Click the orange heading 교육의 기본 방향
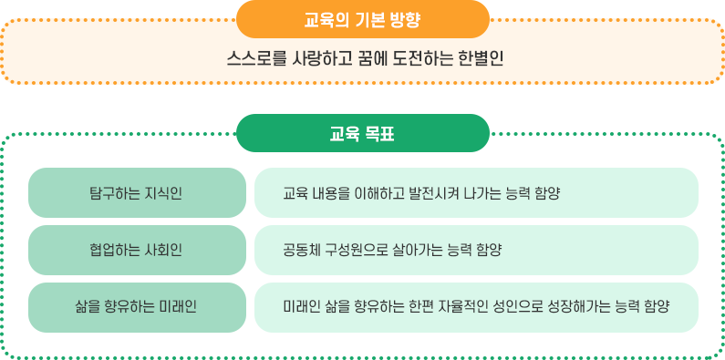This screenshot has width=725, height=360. [362, 18]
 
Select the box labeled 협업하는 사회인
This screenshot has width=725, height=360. [137, 250]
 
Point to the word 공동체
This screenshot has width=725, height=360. [302, 250]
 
